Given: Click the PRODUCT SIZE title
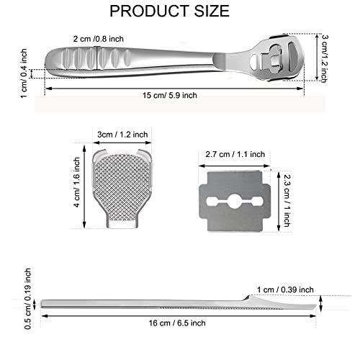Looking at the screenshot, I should click(179, 12).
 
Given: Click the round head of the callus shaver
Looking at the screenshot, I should click(281, 58).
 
